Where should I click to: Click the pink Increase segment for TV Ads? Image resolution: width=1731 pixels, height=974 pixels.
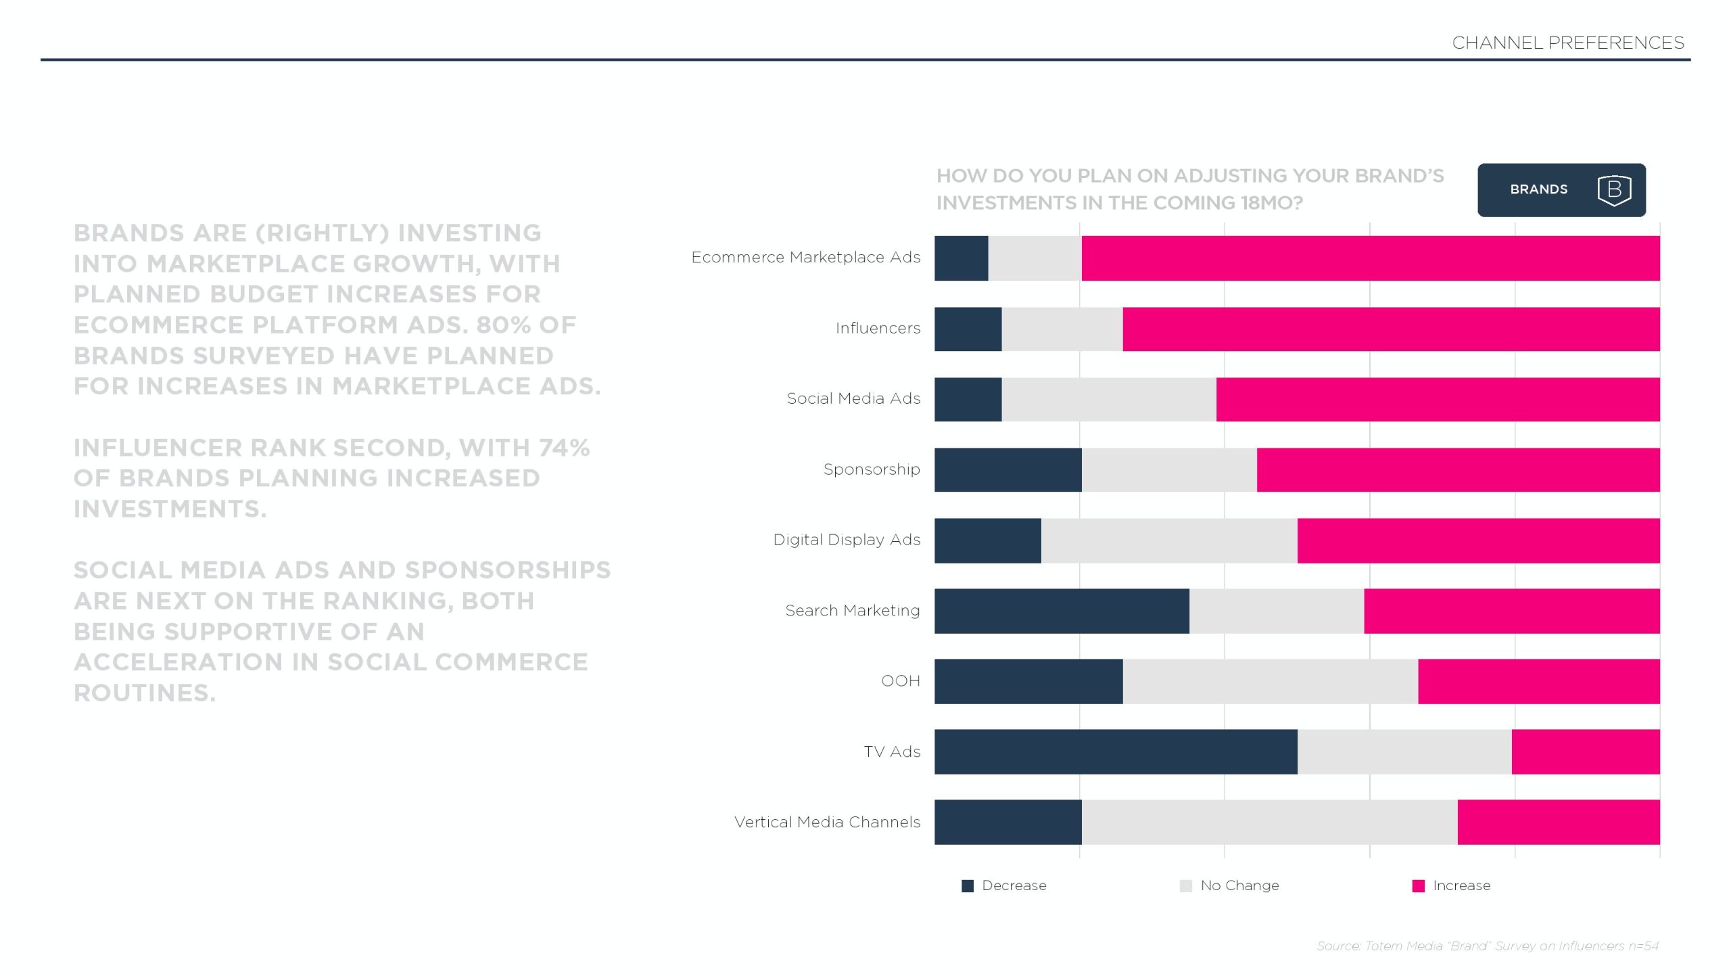pos(1585,751)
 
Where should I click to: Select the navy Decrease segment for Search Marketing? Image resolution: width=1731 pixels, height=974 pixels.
pos(1062,611)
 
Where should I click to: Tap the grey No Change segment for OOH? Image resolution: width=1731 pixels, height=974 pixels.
pos(1270,681)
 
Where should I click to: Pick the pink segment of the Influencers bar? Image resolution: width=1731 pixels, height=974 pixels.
pos(1391,329)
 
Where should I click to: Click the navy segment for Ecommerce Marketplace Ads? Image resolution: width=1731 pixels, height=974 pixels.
pos(961,258)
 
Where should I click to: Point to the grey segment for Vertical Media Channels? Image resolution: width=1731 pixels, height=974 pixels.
pos(1269,822)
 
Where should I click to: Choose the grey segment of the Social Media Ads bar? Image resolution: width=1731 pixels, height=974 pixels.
pos(1109,399)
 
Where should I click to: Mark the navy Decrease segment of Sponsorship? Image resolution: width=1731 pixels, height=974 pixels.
pos(1007,469)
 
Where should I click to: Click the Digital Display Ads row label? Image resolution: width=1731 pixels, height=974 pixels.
pos(847,540)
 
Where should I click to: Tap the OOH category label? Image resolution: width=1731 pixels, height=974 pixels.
pos(900,681)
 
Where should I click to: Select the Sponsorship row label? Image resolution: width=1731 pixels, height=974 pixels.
pos(871,469)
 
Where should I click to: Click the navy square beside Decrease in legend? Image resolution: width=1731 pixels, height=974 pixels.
pos(968,886)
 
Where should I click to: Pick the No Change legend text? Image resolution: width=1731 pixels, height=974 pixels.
pos(1239,886)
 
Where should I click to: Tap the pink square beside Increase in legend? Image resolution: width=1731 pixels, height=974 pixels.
pos(1419,886)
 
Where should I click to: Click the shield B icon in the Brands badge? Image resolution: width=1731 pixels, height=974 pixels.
pos(1614,190)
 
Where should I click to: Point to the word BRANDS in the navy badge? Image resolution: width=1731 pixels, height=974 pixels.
pos(1538,190)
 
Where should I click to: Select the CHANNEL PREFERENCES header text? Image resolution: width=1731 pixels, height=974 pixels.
pos(1567,43)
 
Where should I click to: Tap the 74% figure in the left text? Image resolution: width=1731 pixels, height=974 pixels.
pos(564,448)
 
